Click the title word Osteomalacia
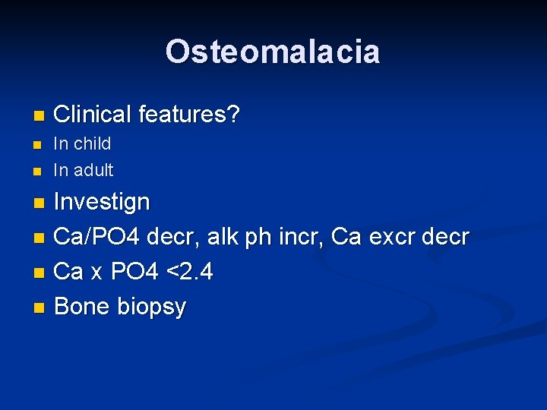[273, 52]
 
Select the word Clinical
[93, 115]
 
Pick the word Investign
[103, 203]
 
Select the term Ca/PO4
[97, 237]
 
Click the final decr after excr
[447, 237]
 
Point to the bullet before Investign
[40, 203]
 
